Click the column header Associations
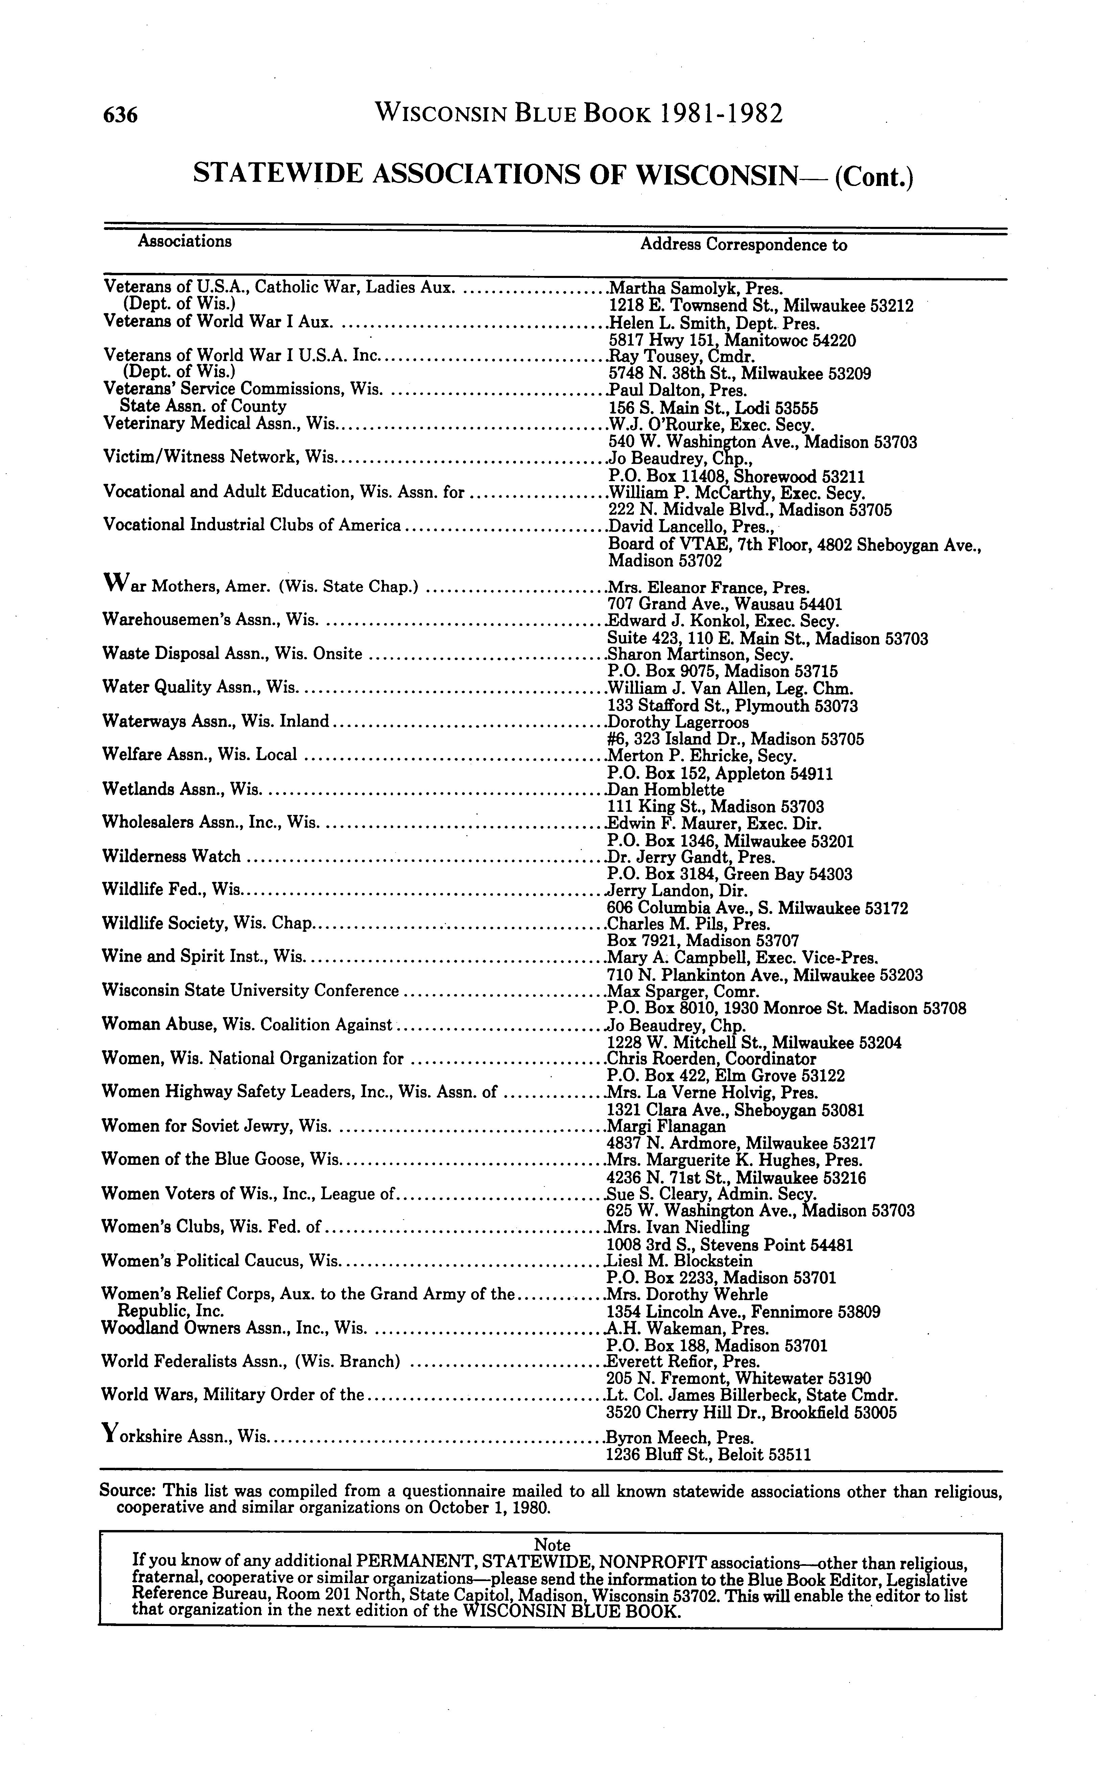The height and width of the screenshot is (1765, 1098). (185, 241)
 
